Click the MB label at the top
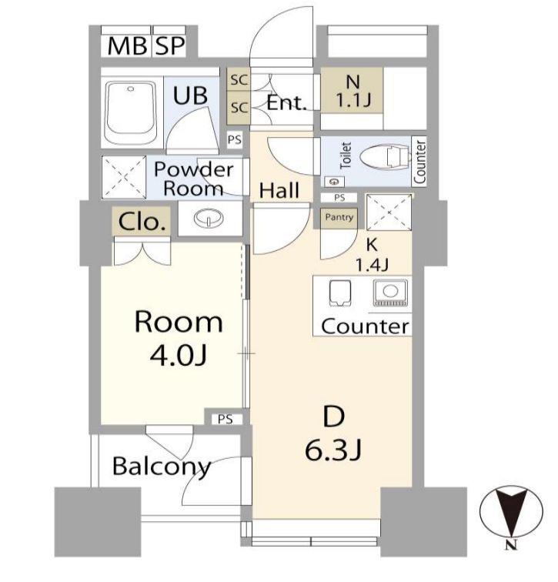(126, 46)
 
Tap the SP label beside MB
(170, 46)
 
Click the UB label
(190, 95)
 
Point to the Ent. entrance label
(286, 103)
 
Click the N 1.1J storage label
(353, 91)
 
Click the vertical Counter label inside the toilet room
(419, 162)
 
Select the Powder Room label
(194, 179)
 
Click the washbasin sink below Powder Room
(208, 218)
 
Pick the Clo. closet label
(142, 222)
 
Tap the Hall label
(279, 190)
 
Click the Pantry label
(339, 217)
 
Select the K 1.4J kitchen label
(372, 255)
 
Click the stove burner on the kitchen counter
(390, 293)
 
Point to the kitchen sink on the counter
(340, 293)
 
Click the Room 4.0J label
(179, 339)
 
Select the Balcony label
(162, 467)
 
